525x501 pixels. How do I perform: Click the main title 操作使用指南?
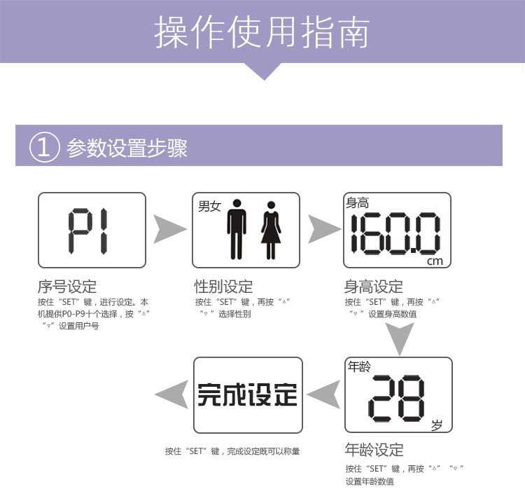pos(262,33)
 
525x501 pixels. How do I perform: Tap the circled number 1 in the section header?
pos(43,148)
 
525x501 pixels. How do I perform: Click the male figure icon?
pos(237,229)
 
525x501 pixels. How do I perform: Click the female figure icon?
pos(270,229)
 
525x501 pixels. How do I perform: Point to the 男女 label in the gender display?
pos(209,206)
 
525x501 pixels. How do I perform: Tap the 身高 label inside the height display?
pos(357,203)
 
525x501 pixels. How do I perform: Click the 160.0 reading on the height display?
pos(395,233)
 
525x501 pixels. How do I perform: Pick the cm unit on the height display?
pos(435,261)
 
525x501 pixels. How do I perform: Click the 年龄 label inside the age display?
pos(360,366)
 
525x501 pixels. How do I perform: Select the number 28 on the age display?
pos(396,397)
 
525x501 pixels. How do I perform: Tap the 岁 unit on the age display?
pos(437,424)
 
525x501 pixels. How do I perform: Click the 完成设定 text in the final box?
pos(247,395)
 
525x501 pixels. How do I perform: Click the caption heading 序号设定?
pos(66,287)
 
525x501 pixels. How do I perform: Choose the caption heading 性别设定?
pos(223,287)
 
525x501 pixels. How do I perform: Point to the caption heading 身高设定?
pos(373,287)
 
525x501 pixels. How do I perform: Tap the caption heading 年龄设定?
pos(374,450)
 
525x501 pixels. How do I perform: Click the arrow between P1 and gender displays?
pos(169,230)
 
